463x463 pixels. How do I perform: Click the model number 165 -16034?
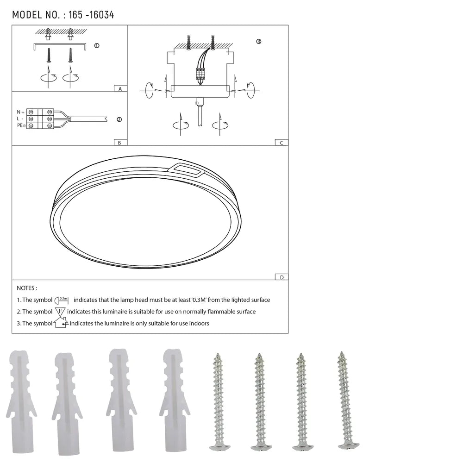tap(91, 15)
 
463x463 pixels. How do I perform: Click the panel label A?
tap(120, 88)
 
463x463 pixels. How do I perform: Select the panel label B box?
tap(120, 143)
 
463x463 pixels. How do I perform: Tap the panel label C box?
tap(281, 143)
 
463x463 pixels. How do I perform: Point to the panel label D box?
tap(281, 277)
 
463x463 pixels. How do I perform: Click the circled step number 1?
tap(96, 46)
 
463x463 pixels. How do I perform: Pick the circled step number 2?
tap(119, 119)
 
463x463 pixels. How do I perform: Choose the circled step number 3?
tap(258, 42)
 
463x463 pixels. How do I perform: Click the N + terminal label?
tap(20, 112)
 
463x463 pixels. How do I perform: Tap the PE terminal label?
tap(21, 125)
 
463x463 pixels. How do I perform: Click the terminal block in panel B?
tap(40, 119)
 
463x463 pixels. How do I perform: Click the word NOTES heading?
tap(27, 288)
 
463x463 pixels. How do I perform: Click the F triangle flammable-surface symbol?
tap(60, 312)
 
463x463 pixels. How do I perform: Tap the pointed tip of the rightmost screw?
tap(342, 353)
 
